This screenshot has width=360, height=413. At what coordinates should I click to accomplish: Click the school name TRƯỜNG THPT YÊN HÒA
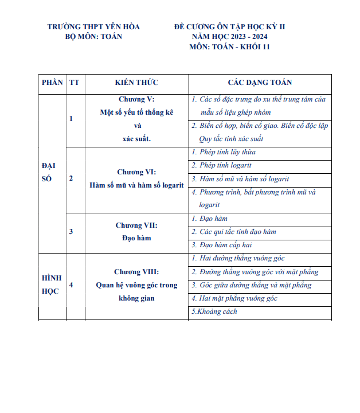point(93,27)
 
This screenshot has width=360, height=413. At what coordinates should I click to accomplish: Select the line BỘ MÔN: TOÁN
point(94,37)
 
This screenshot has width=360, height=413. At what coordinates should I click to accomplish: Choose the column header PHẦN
point(52,83)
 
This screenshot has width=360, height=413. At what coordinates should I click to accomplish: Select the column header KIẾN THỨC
point(136,83)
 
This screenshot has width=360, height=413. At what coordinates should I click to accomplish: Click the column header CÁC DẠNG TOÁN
point(260,83)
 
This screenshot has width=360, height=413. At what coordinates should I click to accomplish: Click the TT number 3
point(71,231)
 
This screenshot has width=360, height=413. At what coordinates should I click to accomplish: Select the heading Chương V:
point(136,99)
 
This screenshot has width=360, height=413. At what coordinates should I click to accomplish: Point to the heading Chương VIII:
point(136,272)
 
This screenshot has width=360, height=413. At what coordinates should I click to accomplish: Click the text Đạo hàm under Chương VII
point(136,238)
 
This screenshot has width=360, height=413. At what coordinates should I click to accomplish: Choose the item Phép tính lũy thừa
point(227,153)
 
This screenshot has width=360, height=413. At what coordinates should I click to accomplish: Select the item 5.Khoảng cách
point(214,312)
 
